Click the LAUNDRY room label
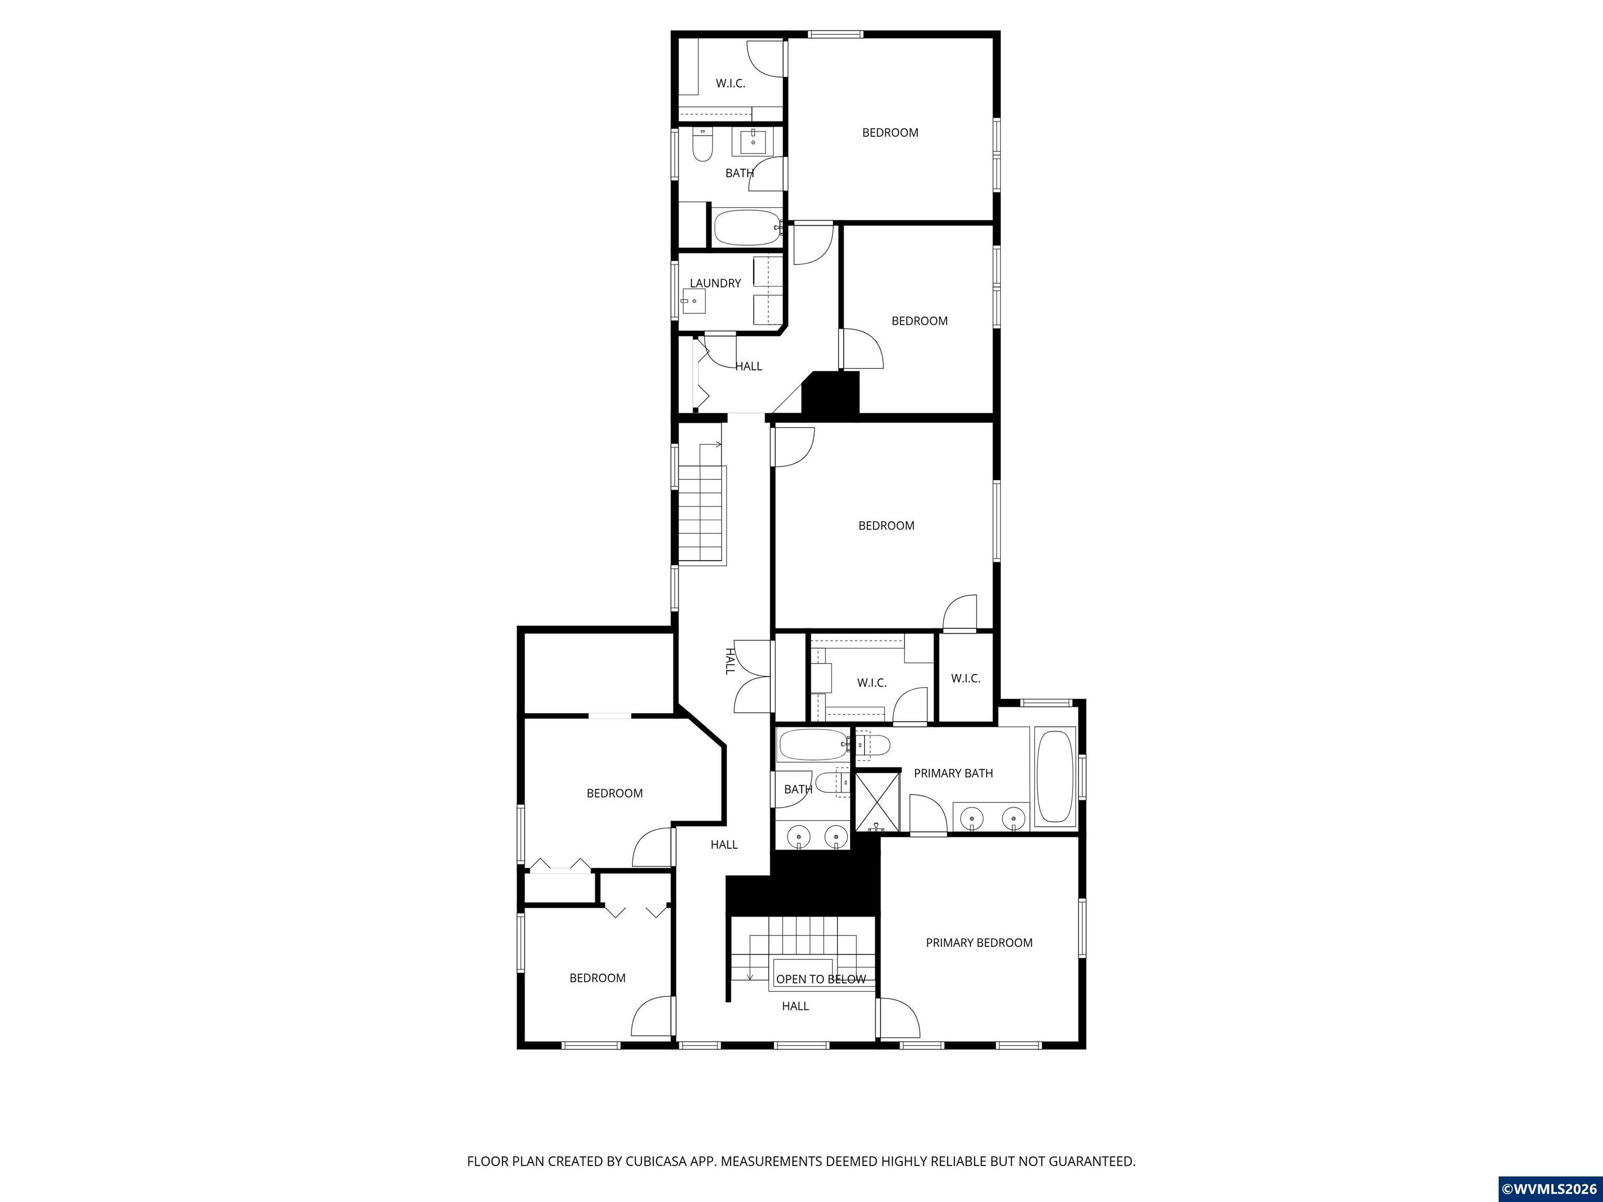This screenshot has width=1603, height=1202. click(715, 283)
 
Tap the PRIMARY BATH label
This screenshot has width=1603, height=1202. click(953, 773)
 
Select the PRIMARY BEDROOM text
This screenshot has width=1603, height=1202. click(979, 943)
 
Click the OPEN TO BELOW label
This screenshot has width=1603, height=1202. click(821, 979)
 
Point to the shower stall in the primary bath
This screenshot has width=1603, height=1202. click(878, 802)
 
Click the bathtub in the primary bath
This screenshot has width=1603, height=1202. click(1055, 777)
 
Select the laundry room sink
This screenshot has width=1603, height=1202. click(693, 300)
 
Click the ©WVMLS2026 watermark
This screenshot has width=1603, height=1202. click(1549, 1189)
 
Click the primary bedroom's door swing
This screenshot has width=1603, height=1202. click(900, 1017)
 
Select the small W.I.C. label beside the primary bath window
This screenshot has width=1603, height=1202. click(965, 678)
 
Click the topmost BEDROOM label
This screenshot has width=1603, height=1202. click(890, 133)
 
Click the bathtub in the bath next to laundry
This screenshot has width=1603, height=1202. click(747, 227)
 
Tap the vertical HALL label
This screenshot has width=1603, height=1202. click(730, 661)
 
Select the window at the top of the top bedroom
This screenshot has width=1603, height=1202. click(835, 33)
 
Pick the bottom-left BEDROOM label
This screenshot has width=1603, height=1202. click(597, 978)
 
